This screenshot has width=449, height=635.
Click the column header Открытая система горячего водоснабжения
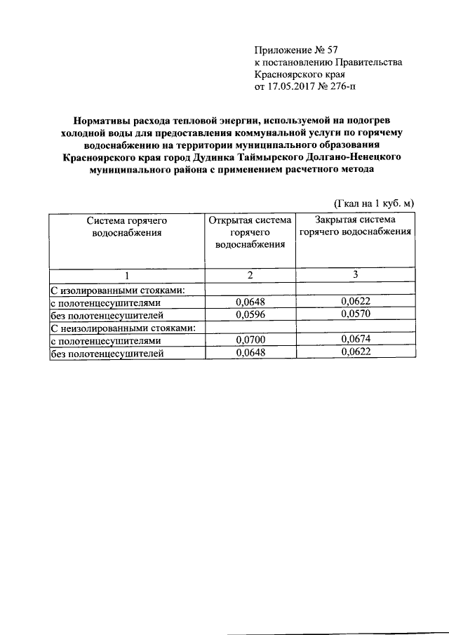click(x=250, y=232)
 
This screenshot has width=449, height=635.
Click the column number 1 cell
click(x=127, y=275)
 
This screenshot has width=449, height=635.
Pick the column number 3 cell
click(x=356, y=274)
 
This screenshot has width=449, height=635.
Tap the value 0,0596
click(x=250, y=315)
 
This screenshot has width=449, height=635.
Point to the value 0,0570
click(x=356, y=314)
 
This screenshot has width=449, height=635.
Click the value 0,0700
click(x=250, y=340)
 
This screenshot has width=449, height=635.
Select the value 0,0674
click(x=356, y=340)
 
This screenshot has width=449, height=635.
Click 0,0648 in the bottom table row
click(x=250, y=353)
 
